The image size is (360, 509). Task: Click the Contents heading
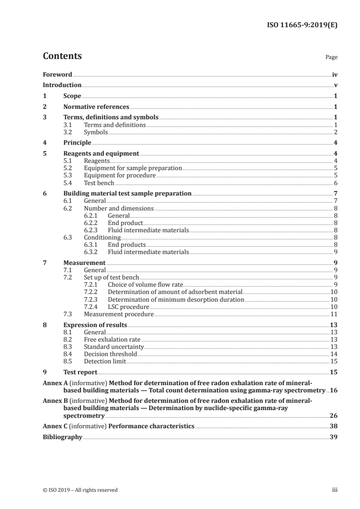coord(62,56)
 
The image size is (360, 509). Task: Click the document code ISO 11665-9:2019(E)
coord(301,25)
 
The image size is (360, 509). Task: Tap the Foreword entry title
coord(57,74)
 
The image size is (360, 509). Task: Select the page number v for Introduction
coord(335,85)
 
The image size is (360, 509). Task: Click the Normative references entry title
coord(96,107)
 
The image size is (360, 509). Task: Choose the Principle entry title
coord(77,142)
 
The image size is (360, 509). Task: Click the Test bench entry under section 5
coord(99,183)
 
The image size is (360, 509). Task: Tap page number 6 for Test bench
coord(335,183)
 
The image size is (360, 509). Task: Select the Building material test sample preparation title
coord(127,193)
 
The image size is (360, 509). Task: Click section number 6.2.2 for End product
coord(92,223)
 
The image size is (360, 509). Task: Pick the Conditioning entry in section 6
coord(102,237)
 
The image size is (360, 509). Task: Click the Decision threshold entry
coord(110,354)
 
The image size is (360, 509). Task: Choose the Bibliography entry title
coord(62,437)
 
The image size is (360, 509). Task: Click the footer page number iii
coord(335,489)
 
